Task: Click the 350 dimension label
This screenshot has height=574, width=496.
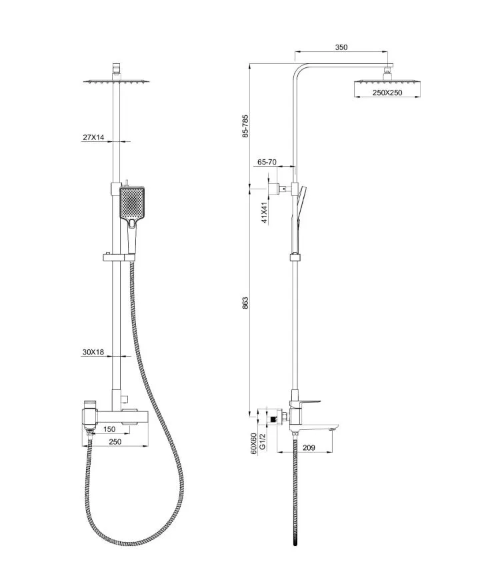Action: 341,47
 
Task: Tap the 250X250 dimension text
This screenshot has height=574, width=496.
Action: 387,93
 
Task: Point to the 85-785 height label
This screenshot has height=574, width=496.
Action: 245,126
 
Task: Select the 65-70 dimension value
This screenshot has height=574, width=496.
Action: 267,162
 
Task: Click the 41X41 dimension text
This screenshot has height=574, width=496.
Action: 264,213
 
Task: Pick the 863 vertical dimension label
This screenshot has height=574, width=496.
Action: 245,303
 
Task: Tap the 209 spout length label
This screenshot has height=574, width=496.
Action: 309,447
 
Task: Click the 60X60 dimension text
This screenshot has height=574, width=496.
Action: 253,444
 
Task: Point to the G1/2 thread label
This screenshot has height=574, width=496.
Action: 262,441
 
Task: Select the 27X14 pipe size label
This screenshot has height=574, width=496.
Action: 93,137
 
